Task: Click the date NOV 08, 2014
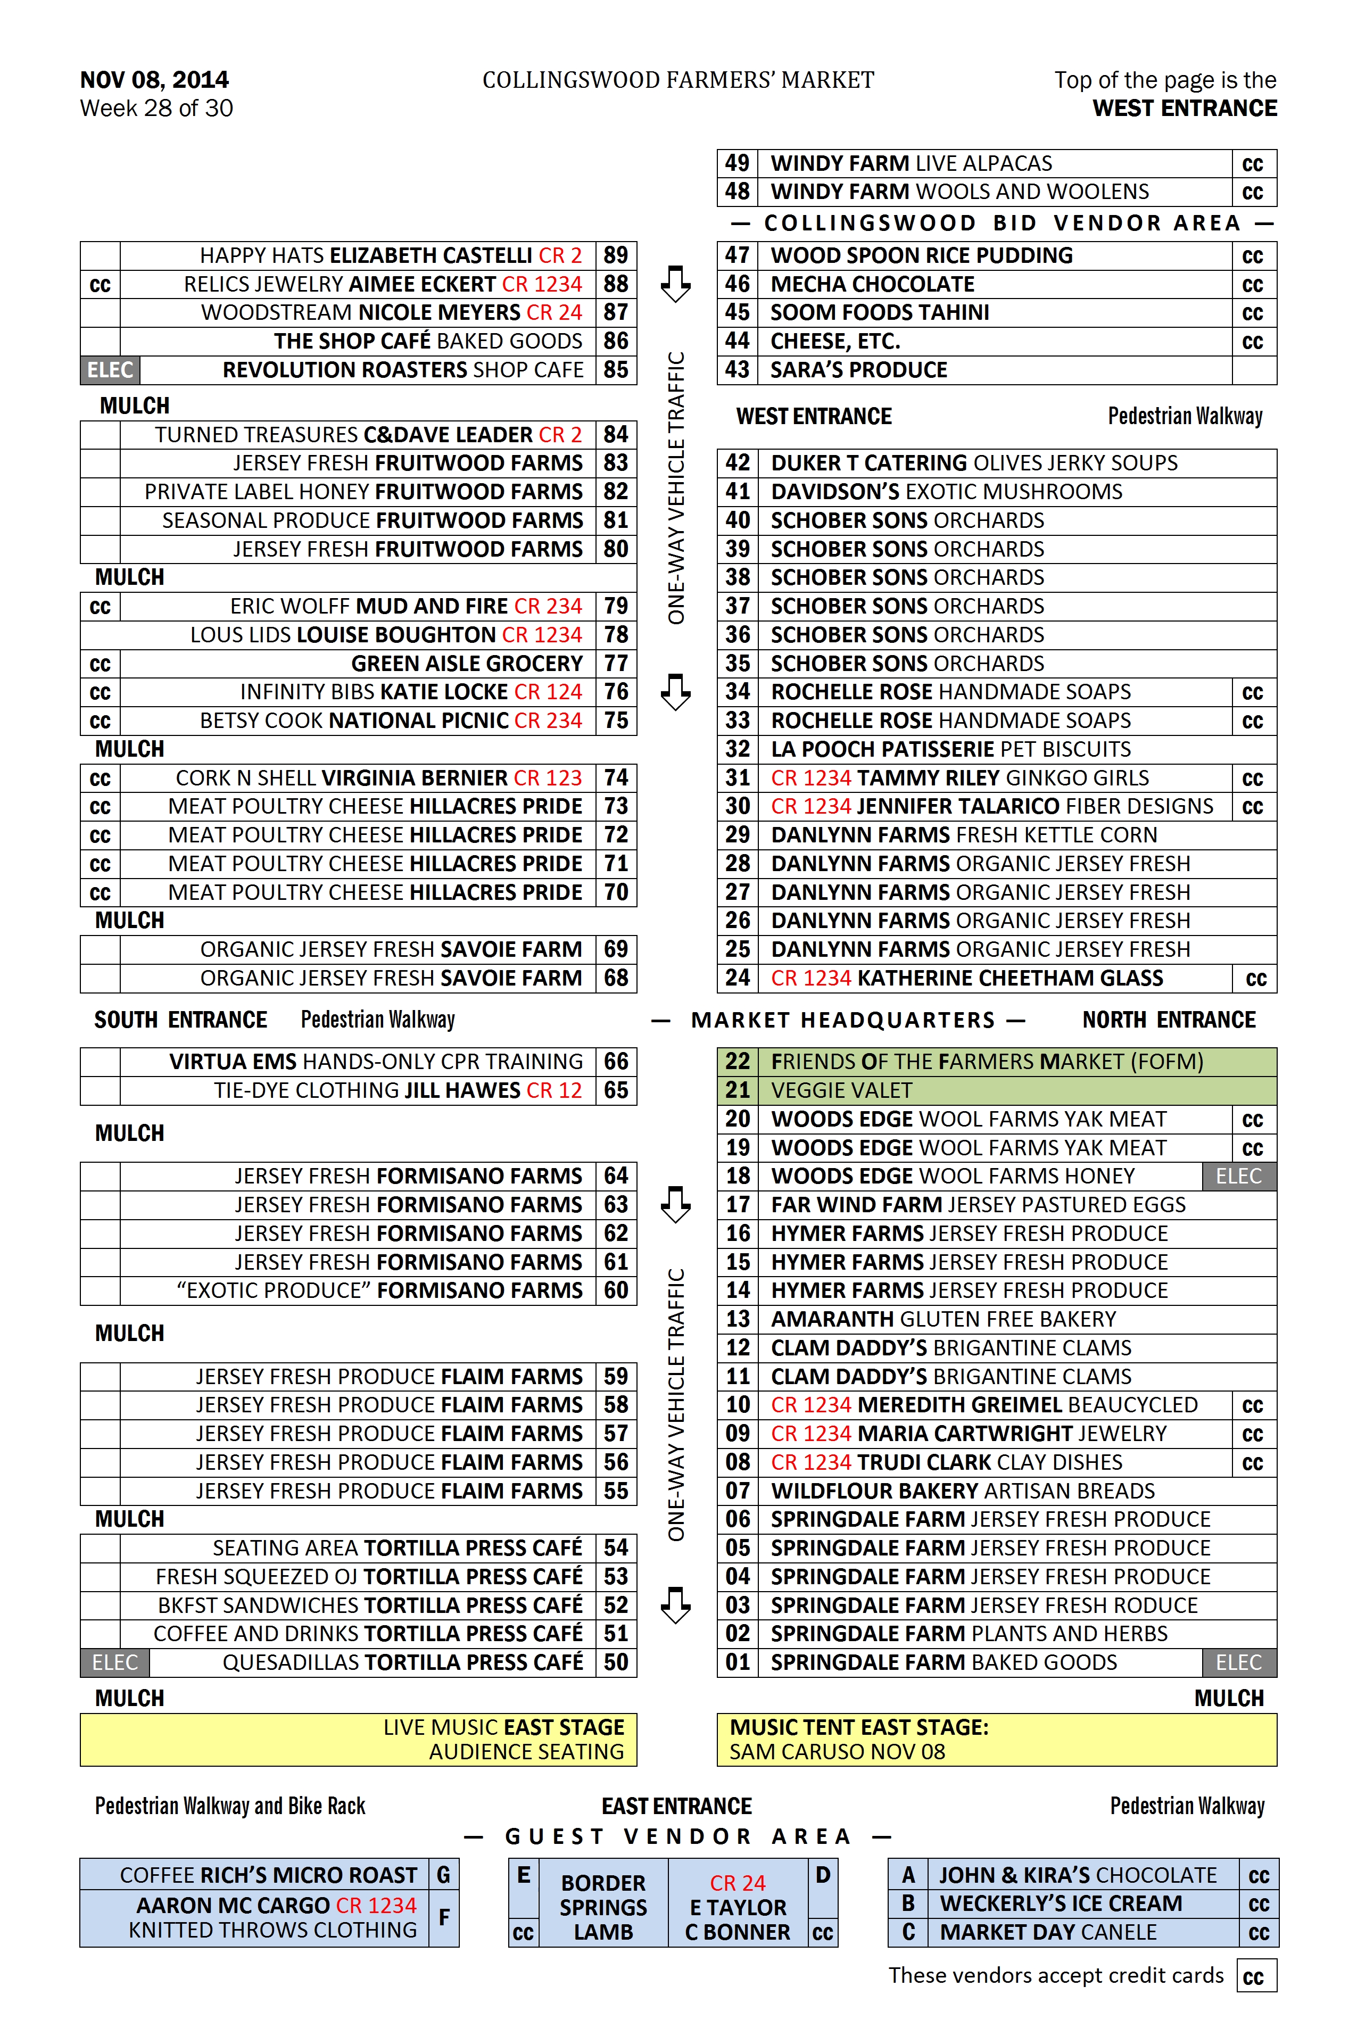(x=154, y=80)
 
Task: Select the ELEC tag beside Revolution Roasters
(x=110, y=370)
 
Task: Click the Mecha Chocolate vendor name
(x=872, y=285)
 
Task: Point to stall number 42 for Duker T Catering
(x=738, y=463)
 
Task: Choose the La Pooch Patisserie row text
(x=950, y=749)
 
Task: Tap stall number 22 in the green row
(x=738, y=1062)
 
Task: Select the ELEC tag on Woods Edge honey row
(x=1238, y=1176)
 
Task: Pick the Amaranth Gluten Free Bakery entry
(x=944, y=1320)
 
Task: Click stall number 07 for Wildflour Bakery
(x=738, y=1491)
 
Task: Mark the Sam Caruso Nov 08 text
(x=837, y=1752)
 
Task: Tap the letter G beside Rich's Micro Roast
(x=443, y=1875)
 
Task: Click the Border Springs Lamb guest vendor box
(x=603, y=1907)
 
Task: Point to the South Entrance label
(x=181, y=1020)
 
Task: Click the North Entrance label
(x=1168, y=1020)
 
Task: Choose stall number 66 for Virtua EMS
(x=616, y=1062)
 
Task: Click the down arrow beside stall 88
(x=675, y=284)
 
